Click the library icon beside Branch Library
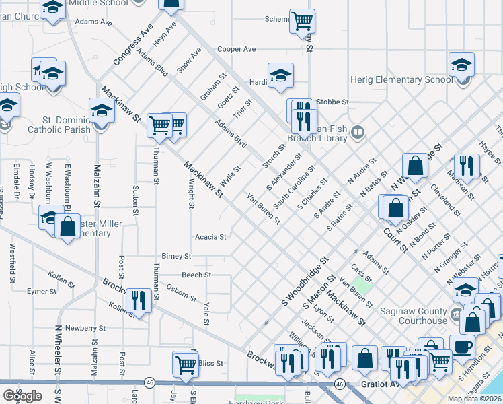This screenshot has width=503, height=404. pos(358,133)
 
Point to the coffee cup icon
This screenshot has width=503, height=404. pos(462,346)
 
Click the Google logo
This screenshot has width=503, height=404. pos(23,396)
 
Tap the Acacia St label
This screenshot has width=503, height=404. pos(210,237)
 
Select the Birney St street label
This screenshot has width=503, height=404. pos(176,257)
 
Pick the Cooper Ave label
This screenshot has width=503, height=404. pos(237,49)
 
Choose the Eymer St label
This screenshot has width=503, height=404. pos(41,292)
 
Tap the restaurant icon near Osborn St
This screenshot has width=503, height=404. pos(139,300)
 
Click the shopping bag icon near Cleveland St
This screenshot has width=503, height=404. pos(416,165)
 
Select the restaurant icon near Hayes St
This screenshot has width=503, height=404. pos(466,166)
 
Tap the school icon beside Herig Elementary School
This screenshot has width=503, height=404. pos(462,65)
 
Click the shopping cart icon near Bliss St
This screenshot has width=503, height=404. pos(186,364)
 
